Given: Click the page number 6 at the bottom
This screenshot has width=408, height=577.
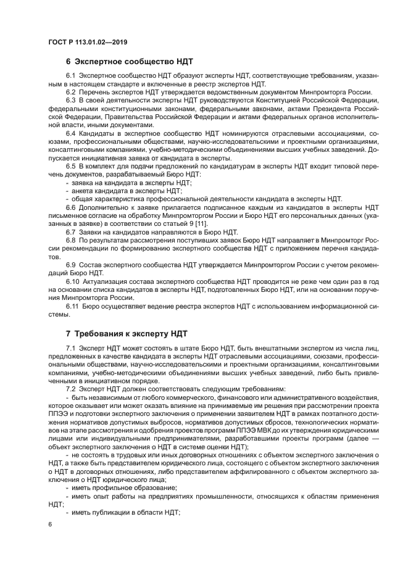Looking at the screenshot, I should point(51,524).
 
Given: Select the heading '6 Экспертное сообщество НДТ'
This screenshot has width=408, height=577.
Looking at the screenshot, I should point(129,62).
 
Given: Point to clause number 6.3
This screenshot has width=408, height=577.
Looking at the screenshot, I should point(71,99).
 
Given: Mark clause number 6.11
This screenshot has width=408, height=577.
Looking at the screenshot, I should point(73,306).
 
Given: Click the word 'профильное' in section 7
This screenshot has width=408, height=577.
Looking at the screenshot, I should point(109,487).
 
